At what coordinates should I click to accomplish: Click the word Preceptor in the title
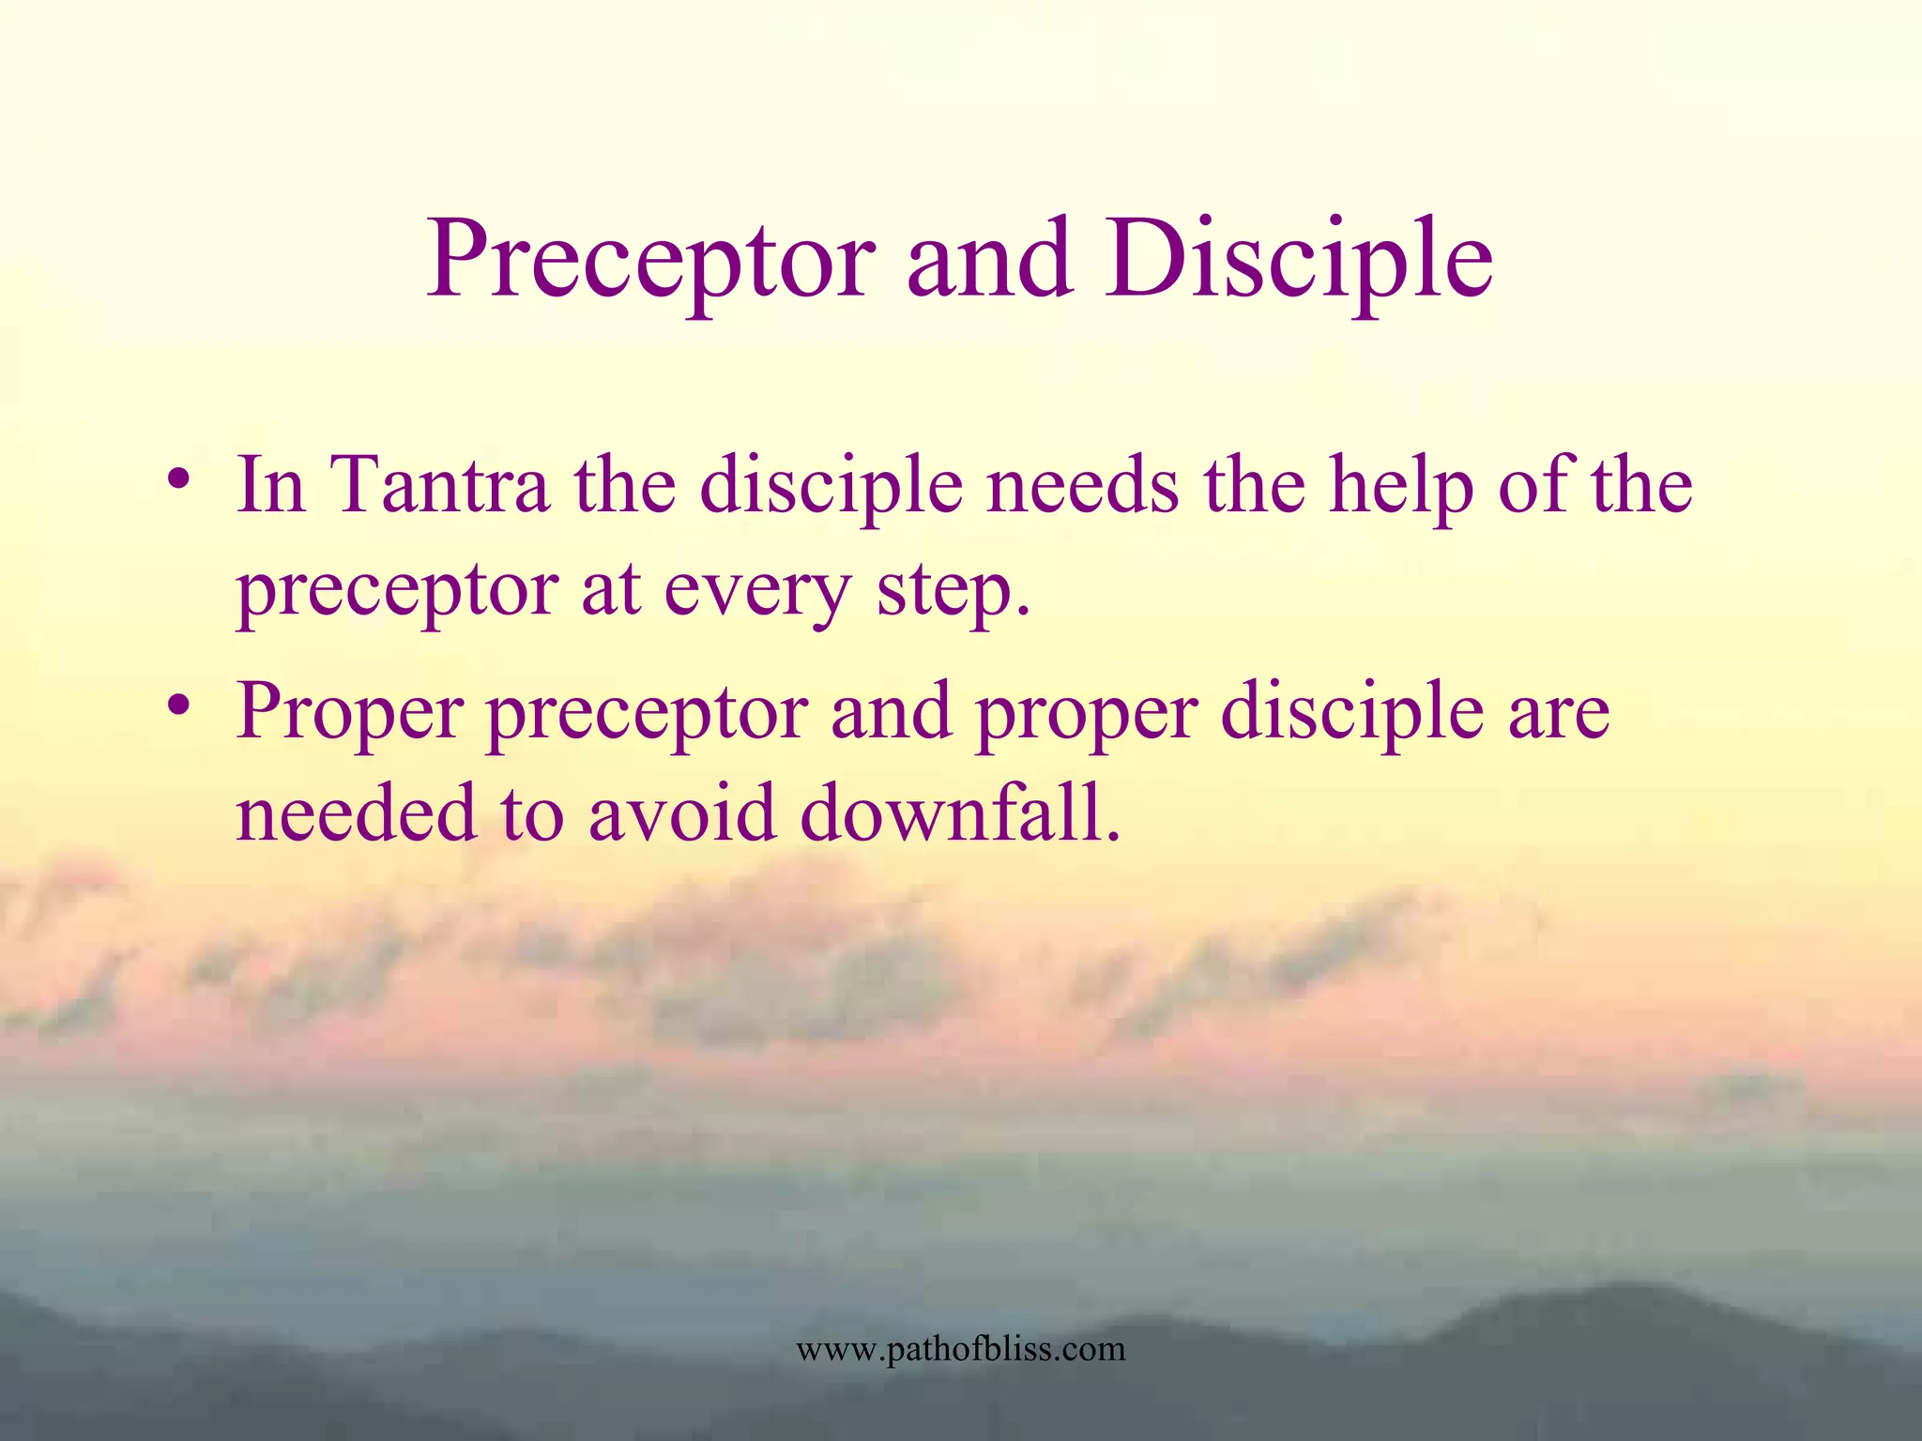pos(651,260)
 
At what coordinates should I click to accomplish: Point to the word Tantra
pos(441,486)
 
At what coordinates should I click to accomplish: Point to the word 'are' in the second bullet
pos(1559,711)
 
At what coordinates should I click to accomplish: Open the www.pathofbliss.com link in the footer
pos(960,1349)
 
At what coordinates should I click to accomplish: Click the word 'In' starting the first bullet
pos(271,486)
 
